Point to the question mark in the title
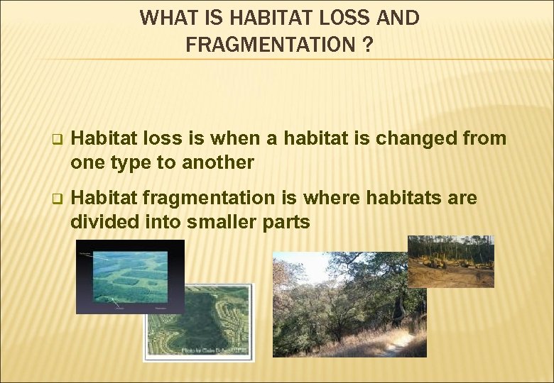pos(367,45)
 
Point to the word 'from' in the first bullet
pos(487,138)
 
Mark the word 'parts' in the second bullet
pos(287,222)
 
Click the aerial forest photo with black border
pos(130,276)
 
